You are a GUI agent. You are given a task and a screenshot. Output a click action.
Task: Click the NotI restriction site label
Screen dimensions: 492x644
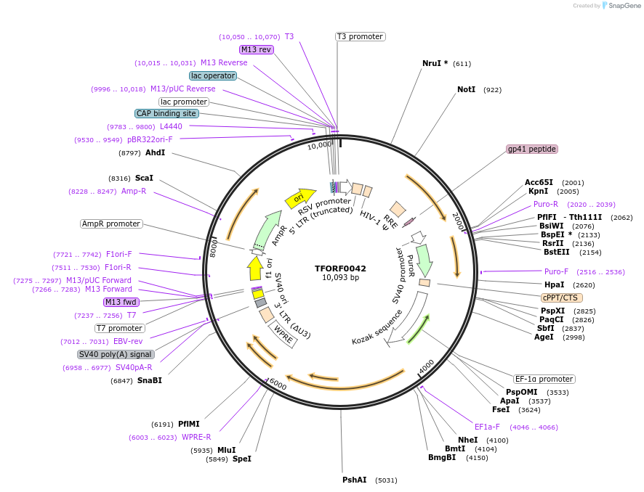tap(466, 90)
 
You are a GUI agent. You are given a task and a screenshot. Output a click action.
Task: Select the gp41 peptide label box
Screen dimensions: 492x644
tap(532, 149)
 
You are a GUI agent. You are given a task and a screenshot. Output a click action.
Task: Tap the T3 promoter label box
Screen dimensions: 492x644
tap(360, 36)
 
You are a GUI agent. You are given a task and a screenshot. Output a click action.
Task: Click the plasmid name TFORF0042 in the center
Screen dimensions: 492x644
tap(340, 268)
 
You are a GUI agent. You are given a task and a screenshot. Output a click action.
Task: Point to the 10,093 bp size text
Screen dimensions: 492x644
tap(340, 277)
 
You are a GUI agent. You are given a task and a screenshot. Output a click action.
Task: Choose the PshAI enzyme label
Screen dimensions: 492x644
tap(355, 480)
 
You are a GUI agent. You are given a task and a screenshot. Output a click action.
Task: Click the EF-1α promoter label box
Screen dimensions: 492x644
tap(544, 379)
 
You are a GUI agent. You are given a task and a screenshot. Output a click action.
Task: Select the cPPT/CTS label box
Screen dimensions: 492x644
tap(562, 298)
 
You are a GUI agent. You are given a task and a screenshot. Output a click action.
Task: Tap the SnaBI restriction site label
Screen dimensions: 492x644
tap(149, 380)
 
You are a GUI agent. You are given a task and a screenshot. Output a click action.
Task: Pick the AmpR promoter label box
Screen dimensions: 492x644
tap(111, 224)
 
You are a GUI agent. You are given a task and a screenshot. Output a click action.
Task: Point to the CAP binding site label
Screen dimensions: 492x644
tap(166, 113)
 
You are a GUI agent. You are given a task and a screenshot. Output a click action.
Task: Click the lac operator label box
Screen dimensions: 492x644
tap(212, 75)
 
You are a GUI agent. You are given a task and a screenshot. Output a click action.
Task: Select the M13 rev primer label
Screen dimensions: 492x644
tap(256, 49)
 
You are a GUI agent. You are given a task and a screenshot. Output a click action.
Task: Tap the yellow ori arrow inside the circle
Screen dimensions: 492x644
tap(299, 197)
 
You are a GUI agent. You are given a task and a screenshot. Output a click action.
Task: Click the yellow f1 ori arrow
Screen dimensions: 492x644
tap(255, 268)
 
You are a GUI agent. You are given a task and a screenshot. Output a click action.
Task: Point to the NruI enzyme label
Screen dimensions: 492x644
tap(435, 64)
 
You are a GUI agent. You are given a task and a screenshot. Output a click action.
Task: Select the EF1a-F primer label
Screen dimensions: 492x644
tap(487, 427)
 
